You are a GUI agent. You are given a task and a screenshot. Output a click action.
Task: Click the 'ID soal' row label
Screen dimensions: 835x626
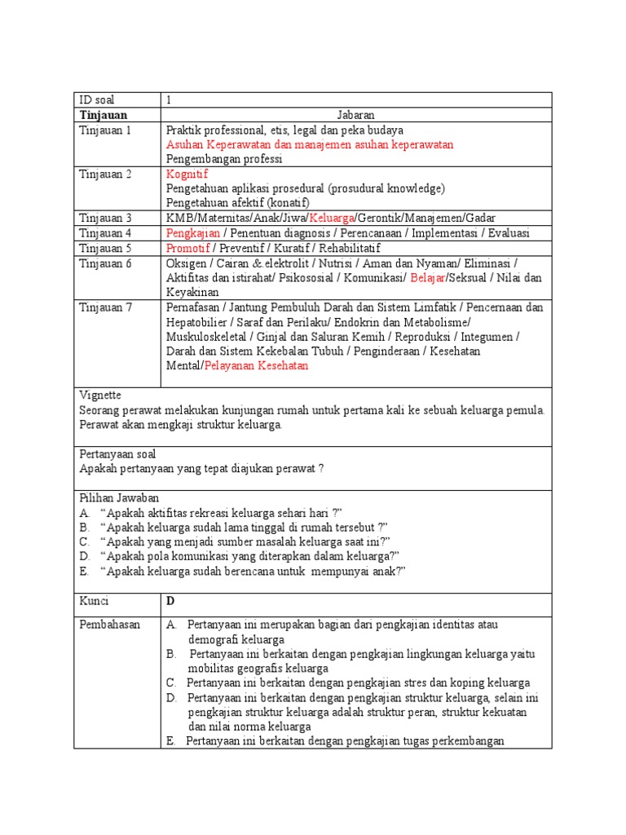pyautogui.click(x=97, y=100)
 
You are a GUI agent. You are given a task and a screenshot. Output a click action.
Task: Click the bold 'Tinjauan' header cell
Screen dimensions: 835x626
pyautogui.click(x=104, y=115)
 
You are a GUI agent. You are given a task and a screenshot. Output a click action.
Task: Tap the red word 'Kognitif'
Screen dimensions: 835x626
pyautogui.click(x=187, y=174)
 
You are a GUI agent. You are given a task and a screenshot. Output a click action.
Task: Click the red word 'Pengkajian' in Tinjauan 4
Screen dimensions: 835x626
pyautogui.click(x=193, y=232)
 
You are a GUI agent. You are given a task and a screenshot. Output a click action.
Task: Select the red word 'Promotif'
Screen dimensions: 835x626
pyautogui.click(x=188, y=248)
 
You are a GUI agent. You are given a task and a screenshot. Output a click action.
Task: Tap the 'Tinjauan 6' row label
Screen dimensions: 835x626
pyautogui.click(x=105, y=263)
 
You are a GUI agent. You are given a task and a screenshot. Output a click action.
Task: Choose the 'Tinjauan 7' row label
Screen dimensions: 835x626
pyautogui.click(x=105, y=307)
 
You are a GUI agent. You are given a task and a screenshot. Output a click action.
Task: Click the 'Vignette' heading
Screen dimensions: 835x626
pyautogui.click(x=100, y=394)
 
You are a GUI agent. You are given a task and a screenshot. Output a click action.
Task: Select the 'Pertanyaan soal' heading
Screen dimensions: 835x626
pyautogui.click(x=117, y=453)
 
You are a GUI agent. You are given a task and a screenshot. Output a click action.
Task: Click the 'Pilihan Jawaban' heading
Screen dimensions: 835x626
pyautogui.click(x=119, y=497)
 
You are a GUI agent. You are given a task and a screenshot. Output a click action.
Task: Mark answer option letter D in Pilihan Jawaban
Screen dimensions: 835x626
pyautogui.click(x=85, y=556)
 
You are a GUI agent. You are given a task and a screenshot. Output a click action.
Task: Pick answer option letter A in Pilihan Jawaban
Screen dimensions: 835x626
pyautogui.click(x=84, y=512)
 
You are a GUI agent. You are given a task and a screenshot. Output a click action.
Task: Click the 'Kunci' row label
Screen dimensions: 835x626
pyautogui.click(x=94, y=601)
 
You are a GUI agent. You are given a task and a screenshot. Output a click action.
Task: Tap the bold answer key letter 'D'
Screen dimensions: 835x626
pyautogui.click(x=171, y=601)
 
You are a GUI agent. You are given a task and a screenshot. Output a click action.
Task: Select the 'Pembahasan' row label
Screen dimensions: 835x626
pyautogui.click(x=109, y=625)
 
